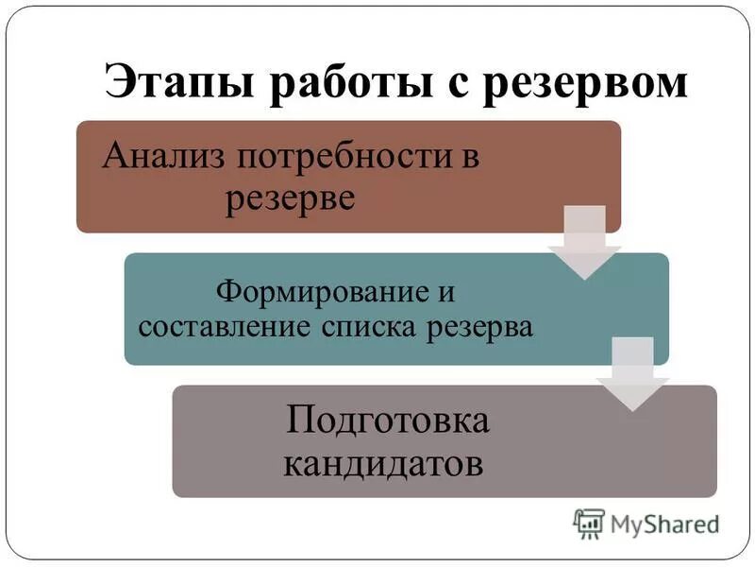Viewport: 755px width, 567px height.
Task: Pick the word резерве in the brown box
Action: pyautogui.click(x=290, y=199)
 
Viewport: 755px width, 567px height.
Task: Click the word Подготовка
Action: pyautogui.click(x=388, y=420)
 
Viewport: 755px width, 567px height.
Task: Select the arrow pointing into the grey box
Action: pyautogui.click(x=632, y=375)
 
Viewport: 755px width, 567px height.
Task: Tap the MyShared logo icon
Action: pyautogui.click(x=588, y=523)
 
